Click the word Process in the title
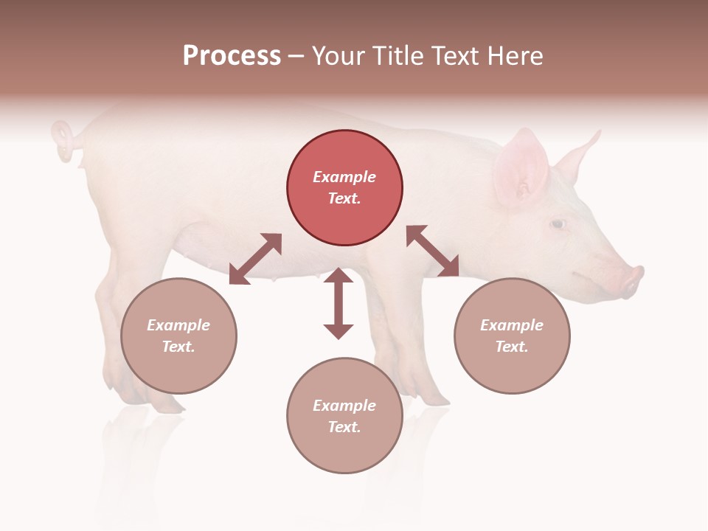click(x=232, y=56)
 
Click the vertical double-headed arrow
click(x=339, y=303)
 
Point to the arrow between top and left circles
click(x=255, y=259)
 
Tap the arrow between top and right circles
click(x=433, y=251)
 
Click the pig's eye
click(x=558, y=223)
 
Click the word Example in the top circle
click(x=344, y=177)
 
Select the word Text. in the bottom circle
click(x=344, y=427)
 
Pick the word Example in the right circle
click(x=512, y=325)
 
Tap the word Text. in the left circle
click(x=178, y=347)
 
